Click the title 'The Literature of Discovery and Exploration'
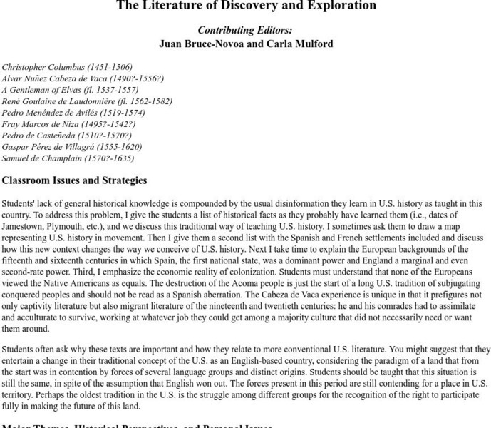point(245,6)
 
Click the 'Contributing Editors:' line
point(245,30)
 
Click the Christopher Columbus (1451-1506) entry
point(67,67)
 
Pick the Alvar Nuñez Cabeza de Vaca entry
point(83,78)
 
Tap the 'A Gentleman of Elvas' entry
point(70,90)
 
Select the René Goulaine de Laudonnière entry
point(87,101)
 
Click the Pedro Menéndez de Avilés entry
point(73,113)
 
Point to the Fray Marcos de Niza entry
point(68,124)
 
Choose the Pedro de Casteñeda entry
point(67,136)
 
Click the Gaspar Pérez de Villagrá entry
point(72,147)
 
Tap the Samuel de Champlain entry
point(68,158)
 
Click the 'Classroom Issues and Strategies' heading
point(74,180)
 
